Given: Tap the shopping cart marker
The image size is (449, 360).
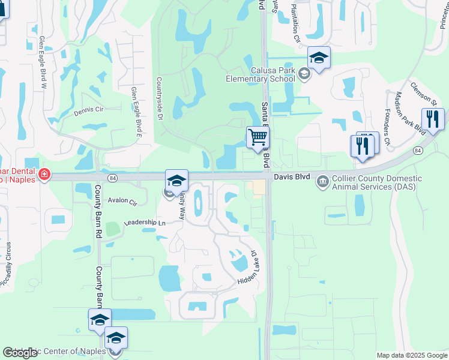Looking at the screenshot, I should [x=258, y=137].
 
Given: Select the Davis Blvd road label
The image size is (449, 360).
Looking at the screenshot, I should [x=292, y=178].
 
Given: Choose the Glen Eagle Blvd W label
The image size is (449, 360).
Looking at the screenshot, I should [x=43, y=62].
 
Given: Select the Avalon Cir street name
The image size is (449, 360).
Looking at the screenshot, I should [x=122, y=201].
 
